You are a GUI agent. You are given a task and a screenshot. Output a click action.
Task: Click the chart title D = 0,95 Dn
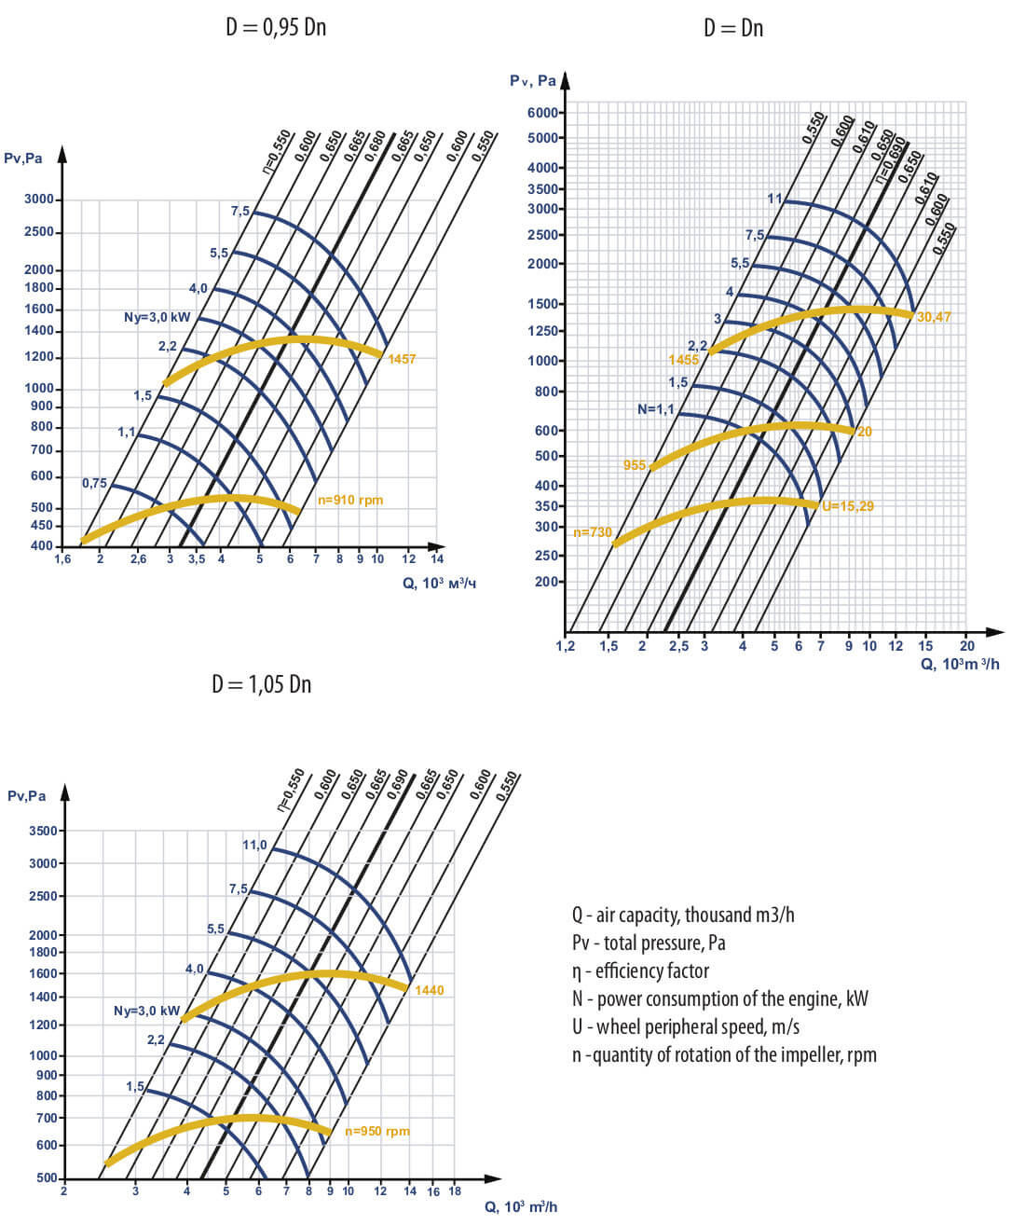276,27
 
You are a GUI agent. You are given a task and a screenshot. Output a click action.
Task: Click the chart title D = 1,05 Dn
261,684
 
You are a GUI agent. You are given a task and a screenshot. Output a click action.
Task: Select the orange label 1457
402,359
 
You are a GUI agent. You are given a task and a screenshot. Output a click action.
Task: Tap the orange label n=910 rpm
350,501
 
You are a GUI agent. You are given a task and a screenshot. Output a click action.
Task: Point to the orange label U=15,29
847,507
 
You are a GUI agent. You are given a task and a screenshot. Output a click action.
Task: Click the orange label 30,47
934,318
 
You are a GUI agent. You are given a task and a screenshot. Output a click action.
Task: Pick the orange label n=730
593,533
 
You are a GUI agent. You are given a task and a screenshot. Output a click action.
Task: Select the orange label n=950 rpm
376,1132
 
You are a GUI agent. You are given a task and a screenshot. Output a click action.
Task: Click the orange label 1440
429,990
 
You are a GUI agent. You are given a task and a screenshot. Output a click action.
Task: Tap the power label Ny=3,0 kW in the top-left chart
157,318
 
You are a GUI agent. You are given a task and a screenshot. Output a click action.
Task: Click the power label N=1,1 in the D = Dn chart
655,409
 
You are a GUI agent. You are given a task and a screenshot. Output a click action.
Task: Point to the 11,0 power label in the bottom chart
254,846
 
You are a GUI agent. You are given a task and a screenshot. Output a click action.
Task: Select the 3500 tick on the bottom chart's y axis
43,831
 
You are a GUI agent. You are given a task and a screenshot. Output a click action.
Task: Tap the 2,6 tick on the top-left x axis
138,560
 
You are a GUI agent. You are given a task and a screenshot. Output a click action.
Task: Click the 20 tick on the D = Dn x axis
966,646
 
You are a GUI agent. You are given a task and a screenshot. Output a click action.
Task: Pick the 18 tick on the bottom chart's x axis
455,1191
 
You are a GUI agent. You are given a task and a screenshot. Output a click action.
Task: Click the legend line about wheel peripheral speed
686,1027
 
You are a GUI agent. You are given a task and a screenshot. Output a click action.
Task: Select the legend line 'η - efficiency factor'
640,971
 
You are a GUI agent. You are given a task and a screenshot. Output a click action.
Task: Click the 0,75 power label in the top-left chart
94,484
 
